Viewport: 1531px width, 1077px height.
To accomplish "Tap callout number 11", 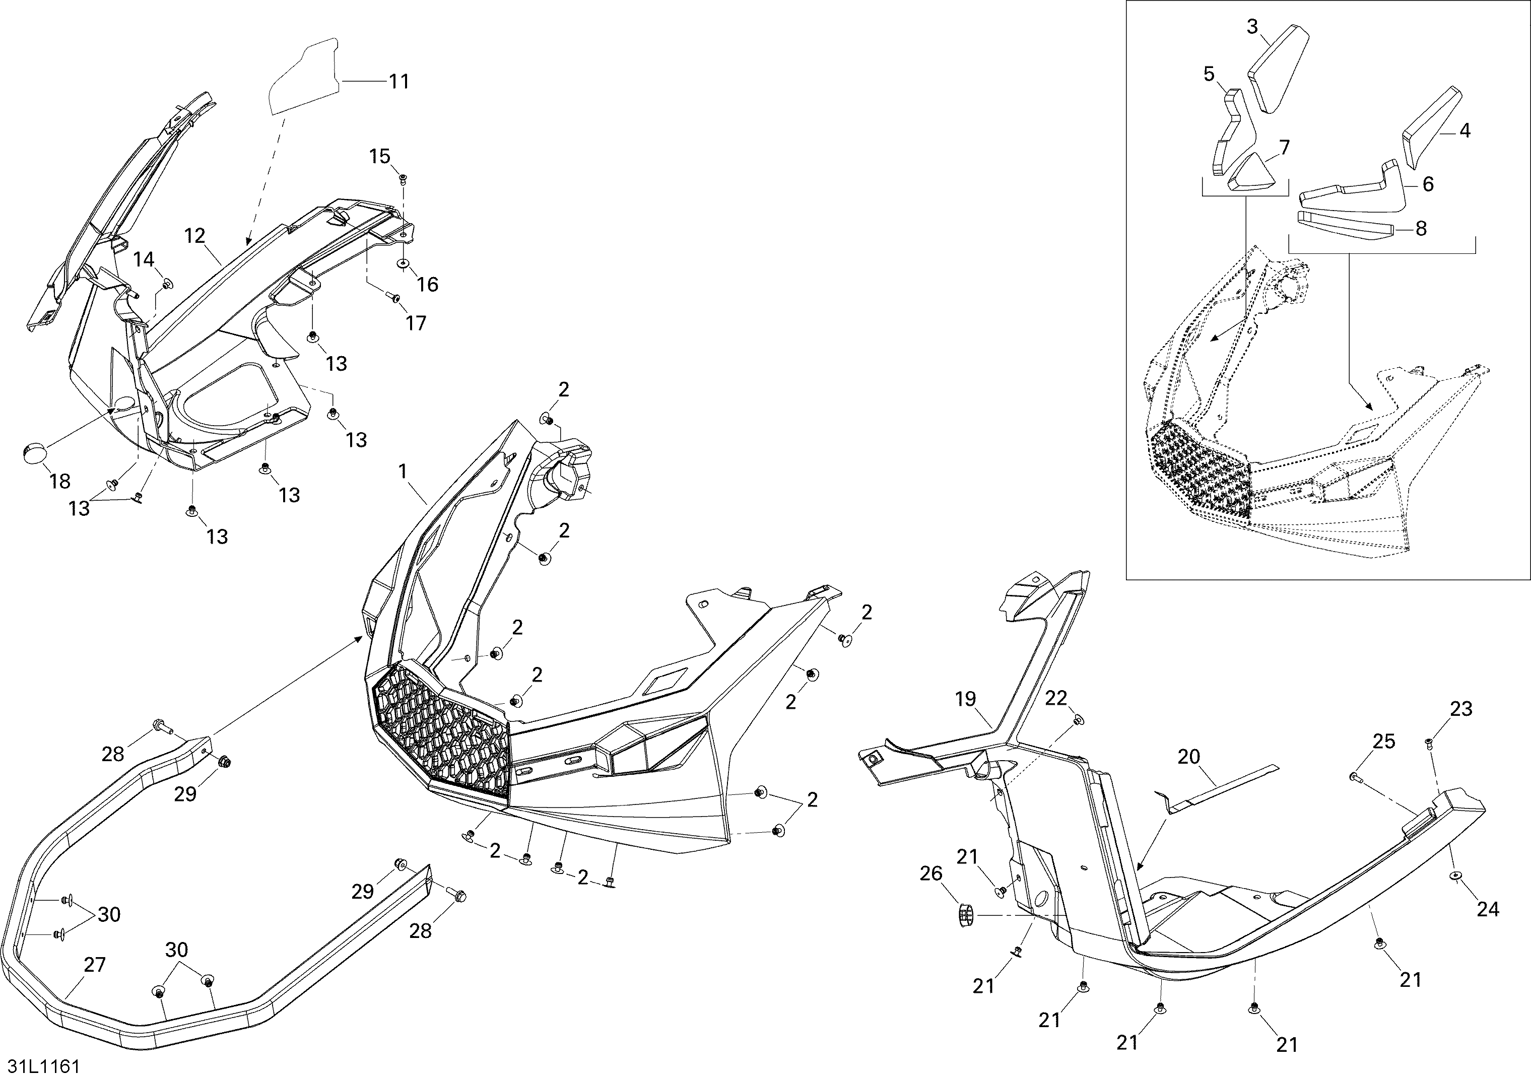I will coord(399,82).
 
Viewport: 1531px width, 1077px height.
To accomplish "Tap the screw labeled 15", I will coord(403,178).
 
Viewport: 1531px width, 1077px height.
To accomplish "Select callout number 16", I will coord(427,285).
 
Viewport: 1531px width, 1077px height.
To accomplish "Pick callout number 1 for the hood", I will coord(403,472).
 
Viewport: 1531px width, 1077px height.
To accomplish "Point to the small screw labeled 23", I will coord(1428,743).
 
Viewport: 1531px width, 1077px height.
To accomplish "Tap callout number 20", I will coord(1189,757).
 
